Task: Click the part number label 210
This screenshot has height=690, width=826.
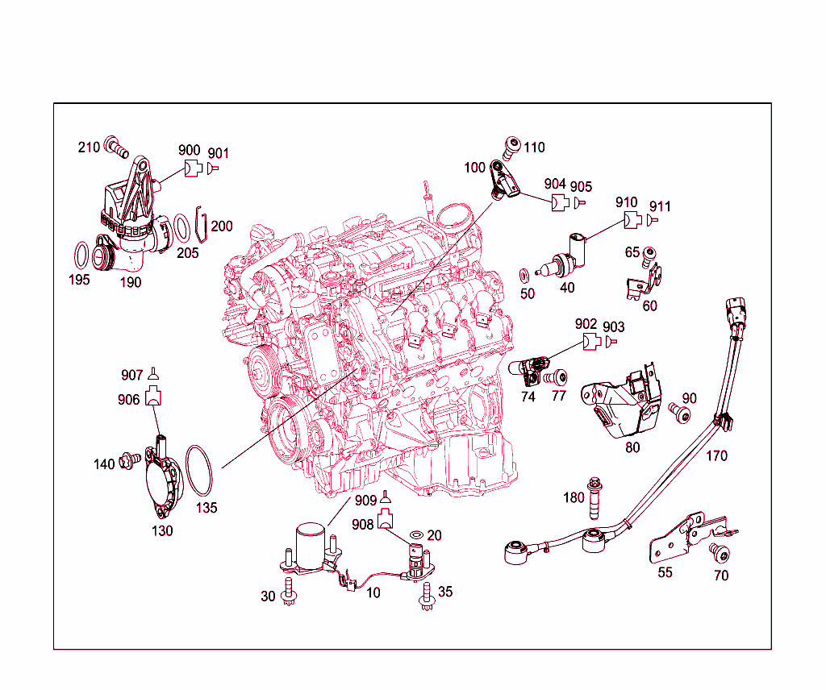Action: click(x=89, y=147)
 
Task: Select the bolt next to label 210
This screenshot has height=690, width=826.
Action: click(x=117, y=149)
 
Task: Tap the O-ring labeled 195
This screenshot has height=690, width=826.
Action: click(x=81, y=256)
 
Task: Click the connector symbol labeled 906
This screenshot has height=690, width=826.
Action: click(x=153, y=397)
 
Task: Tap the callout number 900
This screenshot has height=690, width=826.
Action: click(x=189, y=151)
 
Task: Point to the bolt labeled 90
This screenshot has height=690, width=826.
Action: click(x=682, y=414)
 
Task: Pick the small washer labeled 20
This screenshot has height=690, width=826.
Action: click(x=417, y=535)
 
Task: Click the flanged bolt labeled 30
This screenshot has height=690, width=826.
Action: click(x=289, y=595)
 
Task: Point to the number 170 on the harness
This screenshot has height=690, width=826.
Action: click(x=716, y=456)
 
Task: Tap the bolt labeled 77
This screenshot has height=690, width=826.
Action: click(x=557, y=376)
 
